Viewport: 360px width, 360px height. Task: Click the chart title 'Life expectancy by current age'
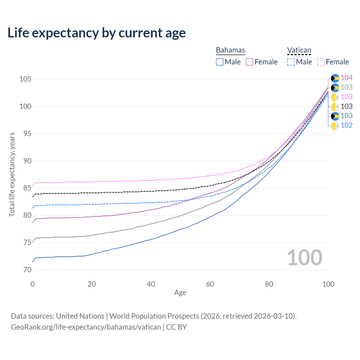click(96, 33)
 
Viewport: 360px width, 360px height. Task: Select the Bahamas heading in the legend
click(230, 50)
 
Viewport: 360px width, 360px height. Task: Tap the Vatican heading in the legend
click(299, 50)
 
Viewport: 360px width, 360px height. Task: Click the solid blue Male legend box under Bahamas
click(220, 62)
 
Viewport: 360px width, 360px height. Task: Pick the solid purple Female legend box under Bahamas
click(250, 62)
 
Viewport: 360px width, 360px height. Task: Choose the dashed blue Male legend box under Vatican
click(291, 62)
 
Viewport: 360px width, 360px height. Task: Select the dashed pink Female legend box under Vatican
click(321, 62)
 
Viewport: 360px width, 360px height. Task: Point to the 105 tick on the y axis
click(25, 79)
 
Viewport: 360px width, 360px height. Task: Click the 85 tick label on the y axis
click(25, 188)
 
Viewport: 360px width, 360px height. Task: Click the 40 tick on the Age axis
click(151, 284)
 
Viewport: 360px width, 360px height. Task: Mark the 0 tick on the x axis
click(33, 284)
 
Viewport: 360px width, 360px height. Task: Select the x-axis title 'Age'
click(180, 293)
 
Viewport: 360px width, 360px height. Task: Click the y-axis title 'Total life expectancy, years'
click(12, 174)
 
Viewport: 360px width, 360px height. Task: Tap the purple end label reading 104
click(346, 78)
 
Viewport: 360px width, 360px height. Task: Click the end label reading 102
click(346, 125)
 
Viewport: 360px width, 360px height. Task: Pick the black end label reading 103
click(346, 106)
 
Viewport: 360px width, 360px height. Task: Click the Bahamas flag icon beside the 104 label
click(335, 78)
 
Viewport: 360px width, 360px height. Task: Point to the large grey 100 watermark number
click(305, 258)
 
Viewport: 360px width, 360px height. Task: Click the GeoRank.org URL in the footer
click(86, 327)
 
